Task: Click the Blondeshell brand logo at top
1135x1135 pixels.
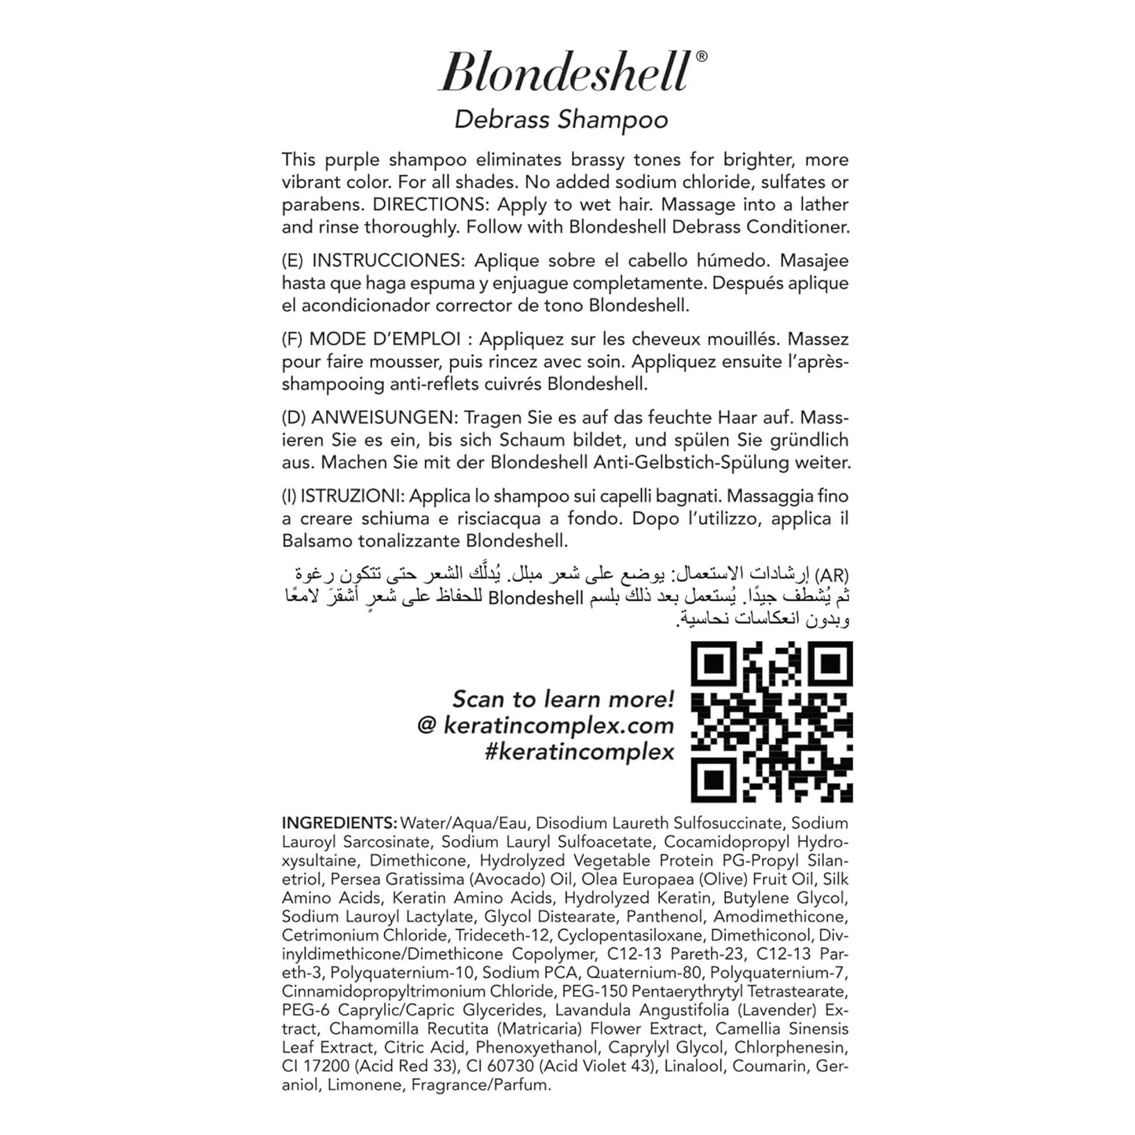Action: [564, 72]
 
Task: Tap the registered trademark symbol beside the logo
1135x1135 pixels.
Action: [701, 56]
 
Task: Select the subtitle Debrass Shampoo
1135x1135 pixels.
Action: [561, 119]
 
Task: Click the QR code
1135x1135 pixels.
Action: [771, 722]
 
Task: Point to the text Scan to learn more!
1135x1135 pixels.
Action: [562, 699]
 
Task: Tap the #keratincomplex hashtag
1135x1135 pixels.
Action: [579, 752]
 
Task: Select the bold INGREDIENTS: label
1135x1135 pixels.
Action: [339, 823]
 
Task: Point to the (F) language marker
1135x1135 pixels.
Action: [292, 339]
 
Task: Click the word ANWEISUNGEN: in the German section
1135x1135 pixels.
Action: [384, 418]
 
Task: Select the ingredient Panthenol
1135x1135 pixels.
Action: [667, 917]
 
